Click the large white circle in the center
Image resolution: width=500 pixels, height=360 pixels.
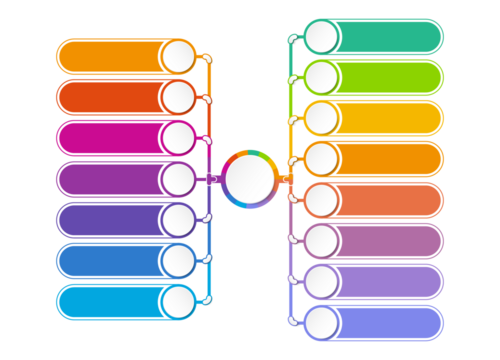249,179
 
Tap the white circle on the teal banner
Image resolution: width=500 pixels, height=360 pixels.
321,37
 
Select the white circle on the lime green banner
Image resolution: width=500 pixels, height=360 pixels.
321,77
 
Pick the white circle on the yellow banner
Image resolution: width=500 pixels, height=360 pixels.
321,118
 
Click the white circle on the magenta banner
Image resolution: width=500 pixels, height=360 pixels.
179,138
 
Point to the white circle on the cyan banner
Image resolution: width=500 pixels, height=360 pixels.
179,301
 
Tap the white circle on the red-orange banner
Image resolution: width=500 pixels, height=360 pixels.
179,97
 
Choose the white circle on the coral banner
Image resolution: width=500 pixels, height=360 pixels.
321,200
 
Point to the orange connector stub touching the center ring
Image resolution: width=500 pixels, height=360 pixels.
287,179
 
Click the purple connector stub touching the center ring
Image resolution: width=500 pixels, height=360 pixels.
211,179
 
